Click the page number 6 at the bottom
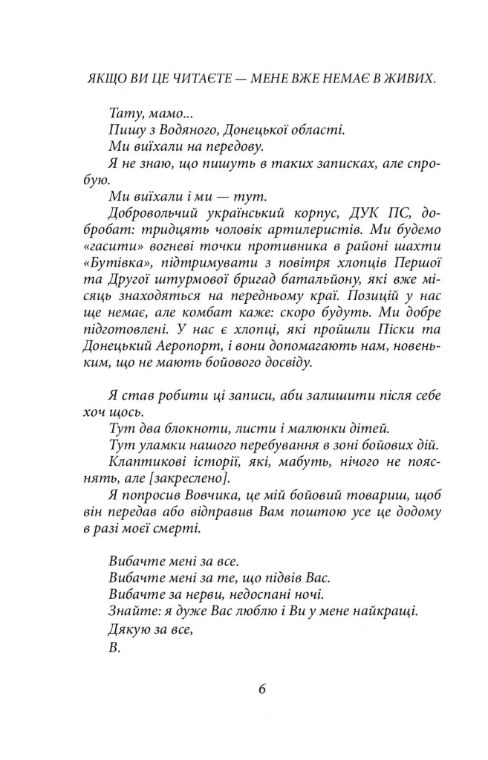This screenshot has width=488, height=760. [261, 687]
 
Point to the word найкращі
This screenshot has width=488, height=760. [385, 611]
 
